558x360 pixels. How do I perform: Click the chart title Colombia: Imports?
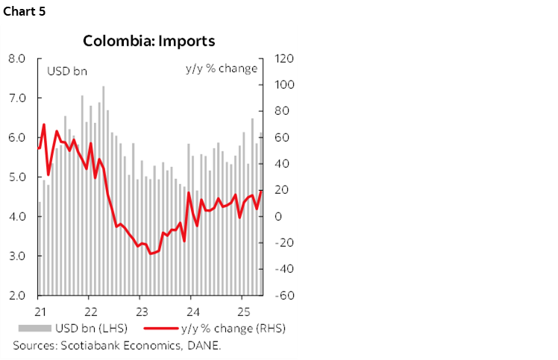[x=149, y=40]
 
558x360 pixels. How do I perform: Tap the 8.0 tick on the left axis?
[x=18, y=58]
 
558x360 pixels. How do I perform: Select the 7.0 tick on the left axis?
[x=18, y=98]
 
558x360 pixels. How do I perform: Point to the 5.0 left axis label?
[x=18, y=177]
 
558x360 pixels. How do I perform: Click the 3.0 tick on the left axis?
[x=18, y=256]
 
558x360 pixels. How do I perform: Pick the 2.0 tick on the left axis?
[x=18, y=295]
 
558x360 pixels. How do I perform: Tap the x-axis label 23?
[x=140, y=310]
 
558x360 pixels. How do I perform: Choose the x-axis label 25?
[x=242, y=310]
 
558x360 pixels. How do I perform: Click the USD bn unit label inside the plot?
[x=67, y=72]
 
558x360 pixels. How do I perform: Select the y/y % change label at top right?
[x=221, y=69]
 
